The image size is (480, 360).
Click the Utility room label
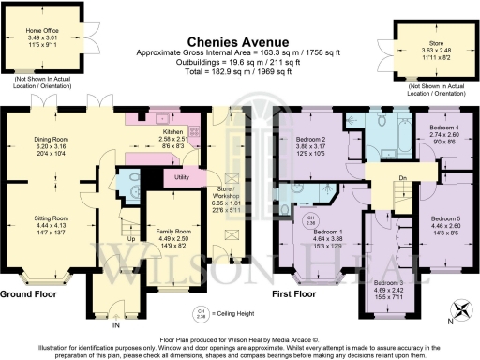tap(182, 176)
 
